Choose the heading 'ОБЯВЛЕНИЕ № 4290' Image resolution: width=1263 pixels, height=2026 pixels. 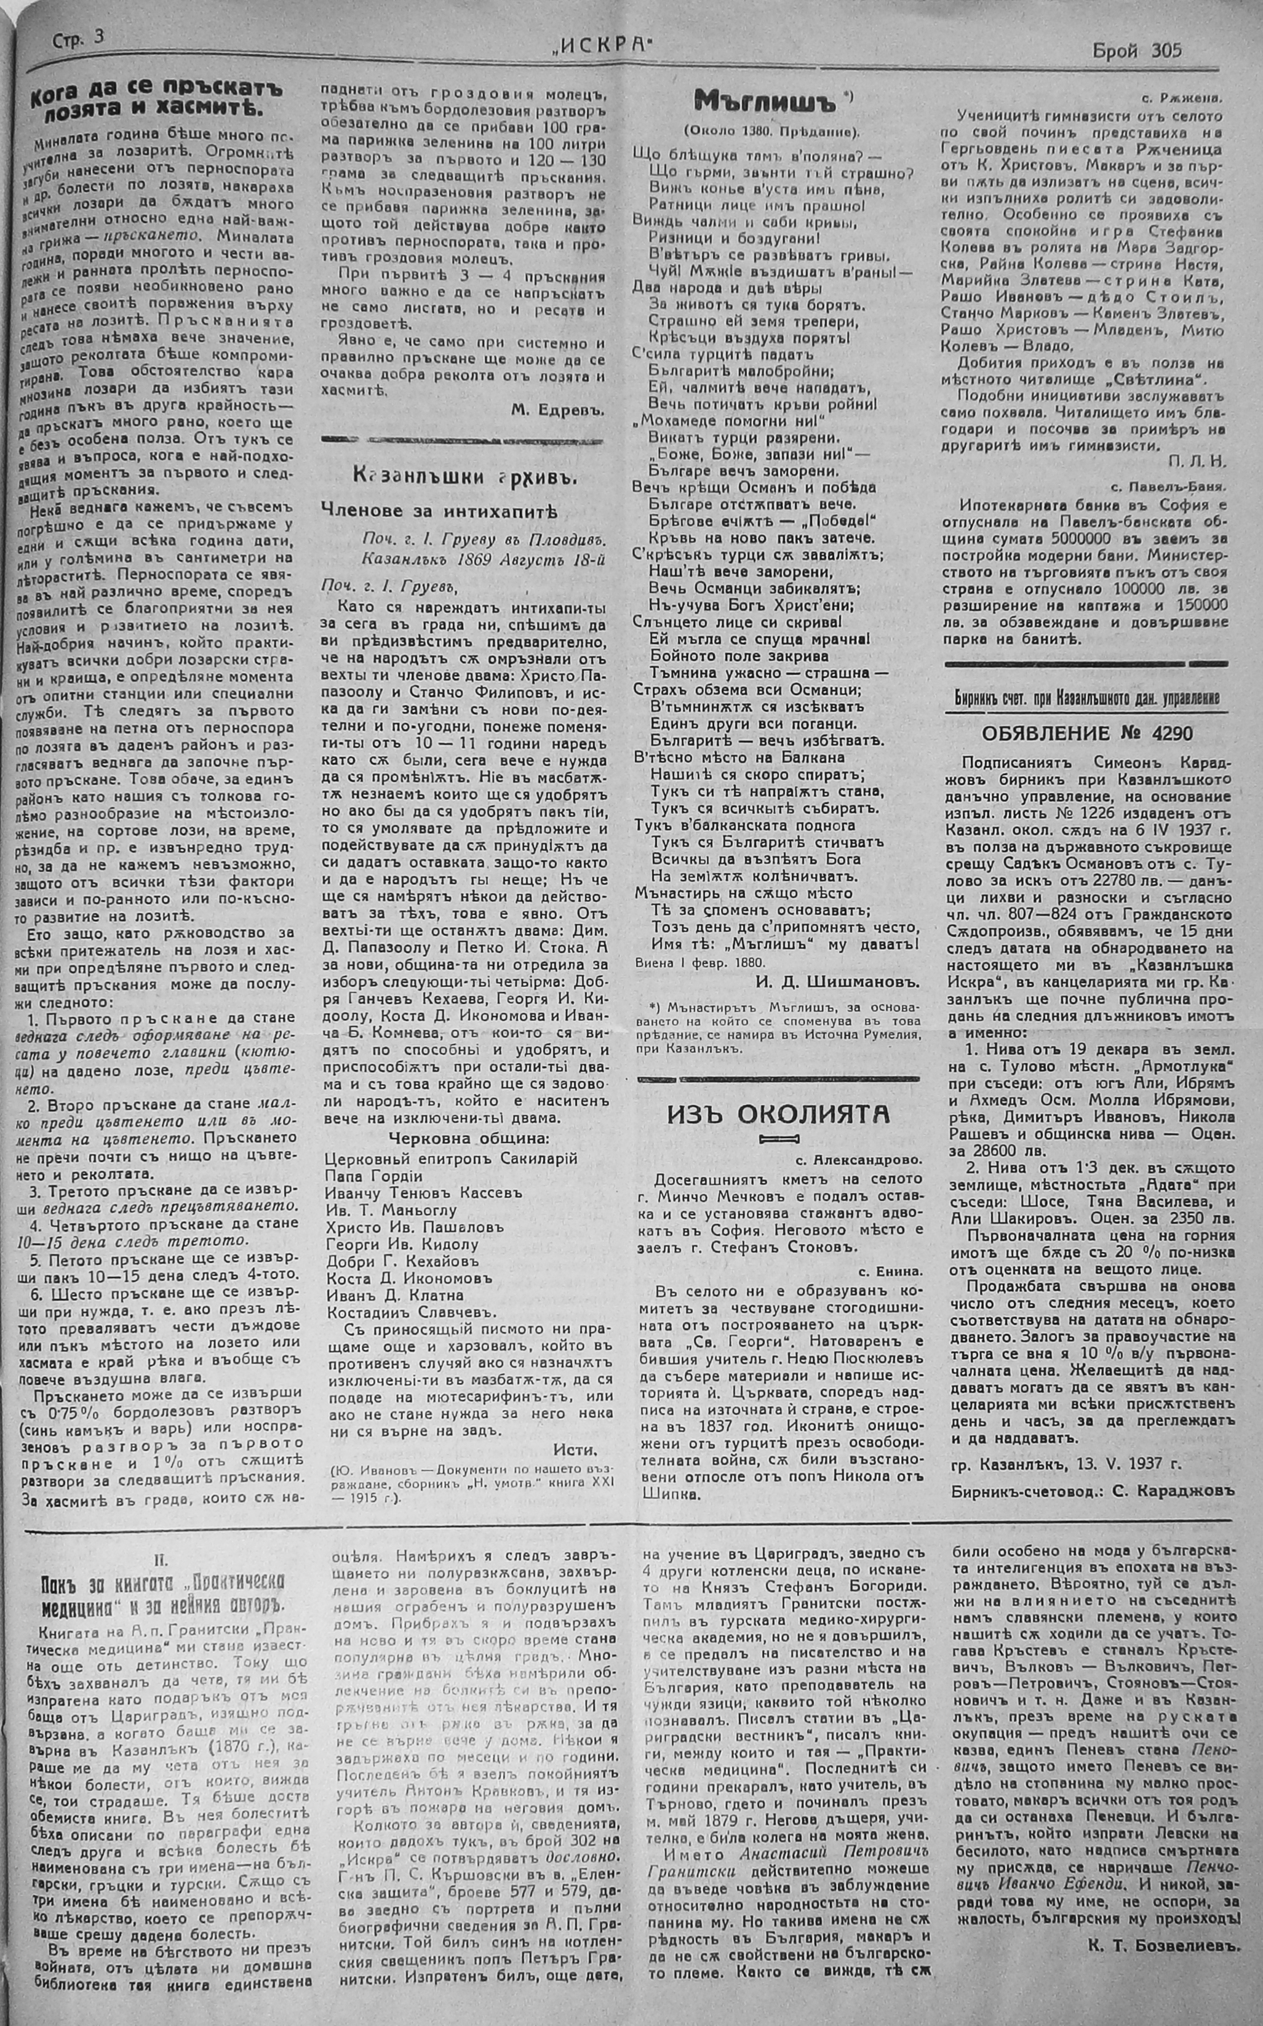click(x=1087, y=733)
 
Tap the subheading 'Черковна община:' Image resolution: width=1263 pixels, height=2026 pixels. click(x=469, y=1139)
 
